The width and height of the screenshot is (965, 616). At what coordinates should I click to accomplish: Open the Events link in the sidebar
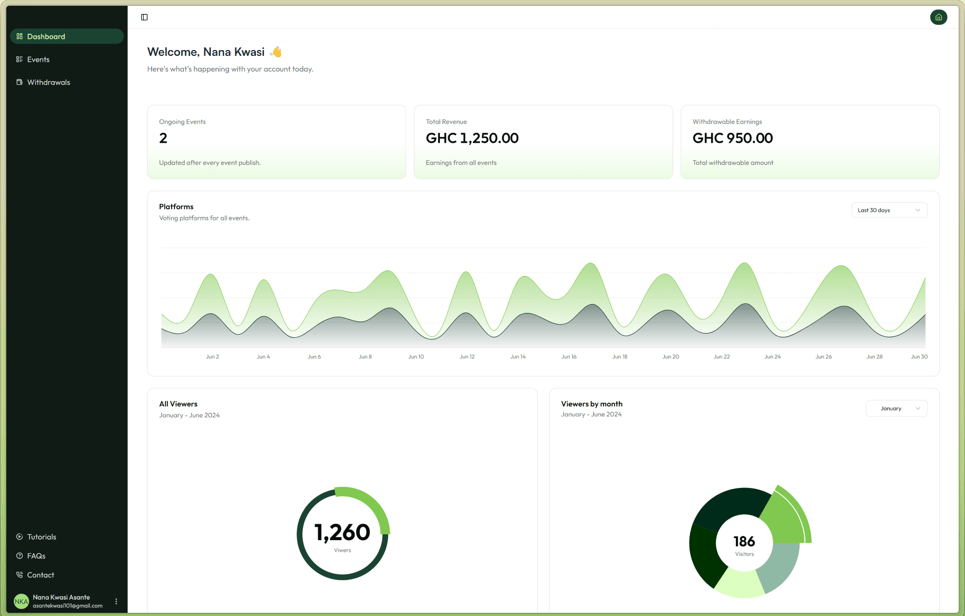pos(38,60)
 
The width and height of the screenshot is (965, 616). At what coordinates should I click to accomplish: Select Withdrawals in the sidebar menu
pos(48,82)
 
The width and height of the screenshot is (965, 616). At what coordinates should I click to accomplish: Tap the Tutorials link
pos(41,537)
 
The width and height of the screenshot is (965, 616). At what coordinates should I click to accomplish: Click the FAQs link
pos(36,556)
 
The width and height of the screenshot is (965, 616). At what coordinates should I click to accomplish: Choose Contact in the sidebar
pos(40,575)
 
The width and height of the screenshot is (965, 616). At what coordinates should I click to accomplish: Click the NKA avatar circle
pos(21,601)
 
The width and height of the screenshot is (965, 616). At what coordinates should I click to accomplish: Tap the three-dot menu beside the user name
pos(116,601)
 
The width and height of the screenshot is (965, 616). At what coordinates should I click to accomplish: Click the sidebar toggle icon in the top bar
pos(144,17)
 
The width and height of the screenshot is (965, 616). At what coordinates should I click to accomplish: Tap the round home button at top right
pos(938,17)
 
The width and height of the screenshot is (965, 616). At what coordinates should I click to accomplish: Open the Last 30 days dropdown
pos(889,210)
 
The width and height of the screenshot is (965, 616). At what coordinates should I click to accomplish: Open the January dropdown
pos(897,408)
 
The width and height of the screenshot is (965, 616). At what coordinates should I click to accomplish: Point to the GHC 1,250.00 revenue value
pos(472,138)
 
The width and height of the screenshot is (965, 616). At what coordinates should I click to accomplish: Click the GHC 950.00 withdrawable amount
pos(732,138)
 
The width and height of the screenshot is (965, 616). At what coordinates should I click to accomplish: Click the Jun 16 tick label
pos(569,357)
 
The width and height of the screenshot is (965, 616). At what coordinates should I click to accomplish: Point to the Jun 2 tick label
pos(212,357)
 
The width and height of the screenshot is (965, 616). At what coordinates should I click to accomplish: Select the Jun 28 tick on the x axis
pos(874,357)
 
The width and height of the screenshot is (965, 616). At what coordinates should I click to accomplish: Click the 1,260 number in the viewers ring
pos(342,532)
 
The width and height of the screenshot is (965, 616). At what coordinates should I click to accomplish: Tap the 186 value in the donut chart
pos(744,541)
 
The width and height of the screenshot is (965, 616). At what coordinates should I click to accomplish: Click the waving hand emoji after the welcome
pos(276,52)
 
